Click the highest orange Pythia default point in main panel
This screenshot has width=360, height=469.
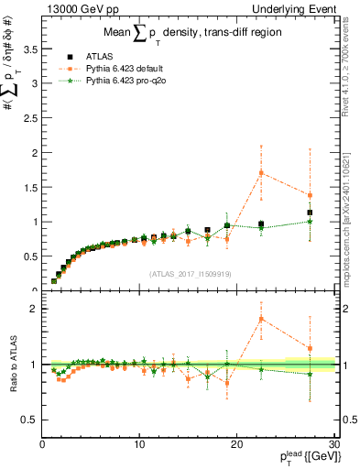[261, 172]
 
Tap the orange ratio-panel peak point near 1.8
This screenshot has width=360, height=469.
[261, 319]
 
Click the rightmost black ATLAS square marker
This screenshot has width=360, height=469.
[310, 213]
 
